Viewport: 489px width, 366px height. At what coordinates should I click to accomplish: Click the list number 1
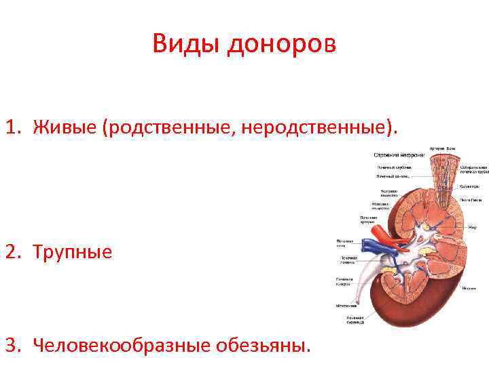coord(12,127)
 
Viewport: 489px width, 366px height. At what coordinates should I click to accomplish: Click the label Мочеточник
coord(348,306)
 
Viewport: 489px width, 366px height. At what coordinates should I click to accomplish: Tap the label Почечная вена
coord(345,242)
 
